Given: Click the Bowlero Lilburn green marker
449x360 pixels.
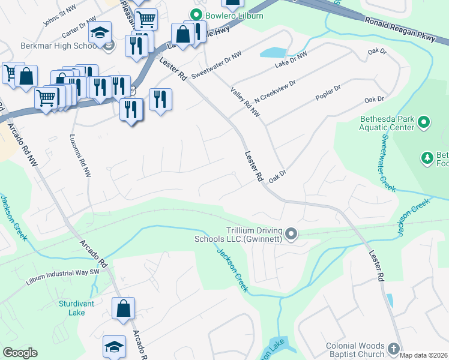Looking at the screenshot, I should [196, 15].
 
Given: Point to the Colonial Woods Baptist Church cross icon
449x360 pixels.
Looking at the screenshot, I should [393, 349].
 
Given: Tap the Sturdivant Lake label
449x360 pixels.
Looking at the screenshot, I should [76, 308].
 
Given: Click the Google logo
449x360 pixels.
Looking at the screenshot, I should [20, 352].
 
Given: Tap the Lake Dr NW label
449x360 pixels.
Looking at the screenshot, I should [291, 59].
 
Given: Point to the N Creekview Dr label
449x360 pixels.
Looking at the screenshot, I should [275, 91].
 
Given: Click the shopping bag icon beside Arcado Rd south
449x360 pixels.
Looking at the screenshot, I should [124, 308].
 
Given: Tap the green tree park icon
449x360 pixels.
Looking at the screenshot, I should [427, 158].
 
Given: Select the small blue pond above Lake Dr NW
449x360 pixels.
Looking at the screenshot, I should [273, 52].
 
